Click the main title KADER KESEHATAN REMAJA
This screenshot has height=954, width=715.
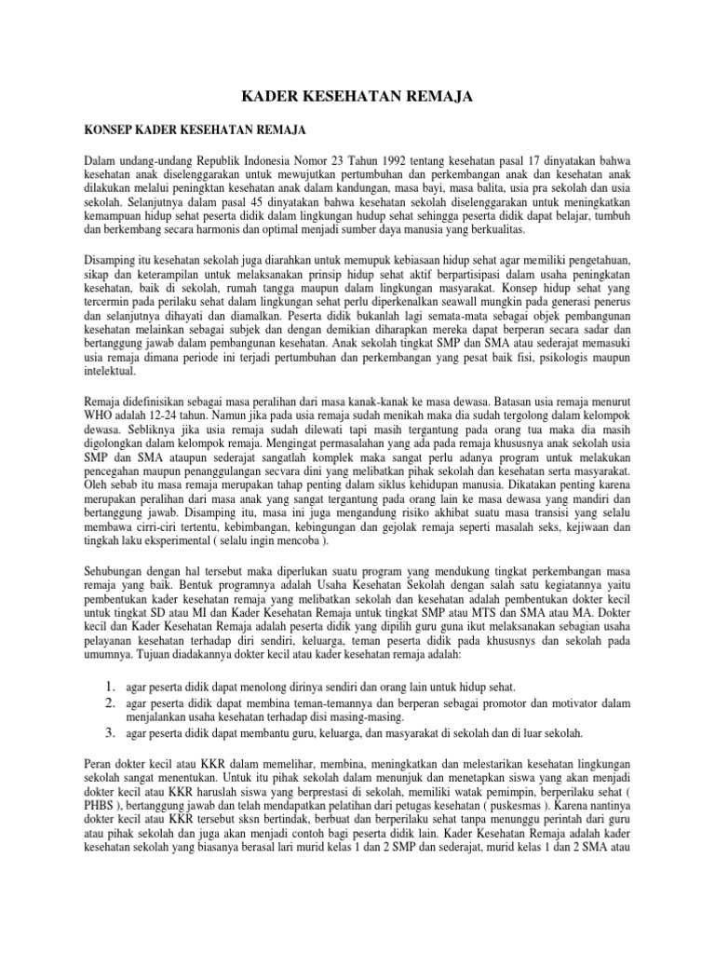(357, 95)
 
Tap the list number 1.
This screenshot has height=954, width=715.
(109, 686)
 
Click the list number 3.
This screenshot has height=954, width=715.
(109, 732)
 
